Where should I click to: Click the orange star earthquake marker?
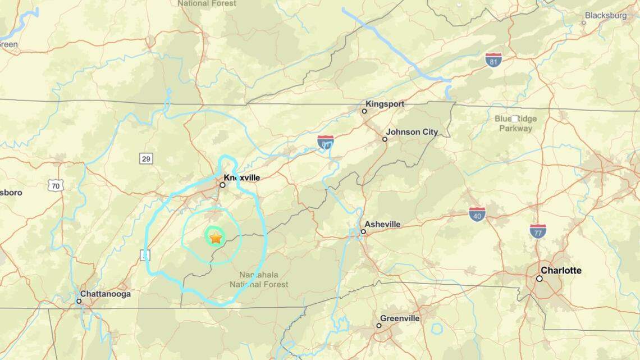[x=216, y=238]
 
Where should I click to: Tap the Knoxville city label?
[x=242, y=177]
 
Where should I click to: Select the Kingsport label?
[x=385, y=104]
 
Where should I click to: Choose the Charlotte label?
[x=561, y=270]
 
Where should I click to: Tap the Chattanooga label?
[x=106, y=294]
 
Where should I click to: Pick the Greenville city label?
[x=400, y=318]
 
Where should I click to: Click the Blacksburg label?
[x=606, y=16]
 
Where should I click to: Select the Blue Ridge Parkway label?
[x=515, y=124]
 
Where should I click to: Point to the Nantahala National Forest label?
[x=259, y=280]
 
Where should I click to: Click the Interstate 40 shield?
[x=477, y=213]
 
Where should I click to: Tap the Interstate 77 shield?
[x=538, y=231]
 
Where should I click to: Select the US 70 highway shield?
[x=56, y=185]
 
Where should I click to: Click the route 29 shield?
[x=146, y=159]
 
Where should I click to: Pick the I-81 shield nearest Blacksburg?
[x=493, y=60]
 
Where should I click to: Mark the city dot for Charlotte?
[x=540, y=278]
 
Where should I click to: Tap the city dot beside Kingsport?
[x=364, y=111]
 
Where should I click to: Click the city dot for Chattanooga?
[x=79, y=301]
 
